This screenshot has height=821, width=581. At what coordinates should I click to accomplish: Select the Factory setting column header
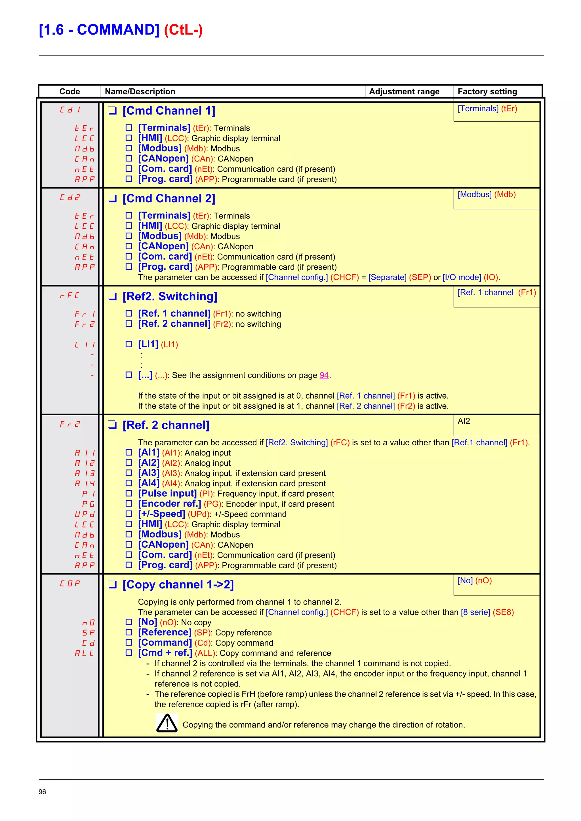click(x=487, y=92)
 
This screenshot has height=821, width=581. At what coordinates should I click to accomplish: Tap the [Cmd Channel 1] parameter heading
click(x=169, y=111)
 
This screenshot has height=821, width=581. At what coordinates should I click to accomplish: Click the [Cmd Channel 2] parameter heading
click(x=169, y=199)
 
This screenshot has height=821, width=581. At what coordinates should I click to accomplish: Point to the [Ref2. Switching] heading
click(x=170, y=296)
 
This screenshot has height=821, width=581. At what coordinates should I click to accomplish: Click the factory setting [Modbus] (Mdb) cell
click(x=487, y=195)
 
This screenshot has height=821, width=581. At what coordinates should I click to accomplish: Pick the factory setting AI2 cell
click(x=464, y=421)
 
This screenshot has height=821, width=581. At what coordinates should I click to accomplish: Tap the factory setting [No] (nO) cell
click(x=474, y=580)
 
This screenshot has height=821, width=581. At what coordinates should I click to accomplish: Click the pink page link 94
click(x=324, y=375)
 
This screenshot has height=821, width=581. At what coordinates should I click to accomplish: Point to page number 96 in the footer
click(x=42, y=792)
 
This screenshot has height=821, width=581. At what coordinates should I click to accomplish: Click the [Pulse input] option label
click(x=167, y=494)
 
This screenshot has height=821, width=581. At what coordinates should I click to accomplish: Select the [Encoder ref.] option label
click(x=169, y=504)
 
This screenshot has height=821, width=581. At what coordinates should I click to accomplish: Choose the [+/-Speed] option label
click(x=161, y=514)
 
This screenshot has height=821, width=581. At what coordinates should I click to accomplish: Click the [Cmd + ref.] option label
click(x=165, y=653)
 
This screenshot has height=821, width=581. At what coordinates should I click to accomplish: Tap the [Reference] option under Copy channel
click(x=165, y=633)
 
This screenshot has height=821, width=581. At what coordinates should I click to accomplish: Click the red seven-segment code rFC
click(x=70, y=296)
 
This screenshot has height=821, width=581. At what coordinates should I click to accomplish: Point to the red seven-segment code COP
click(x=70, y=584)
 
